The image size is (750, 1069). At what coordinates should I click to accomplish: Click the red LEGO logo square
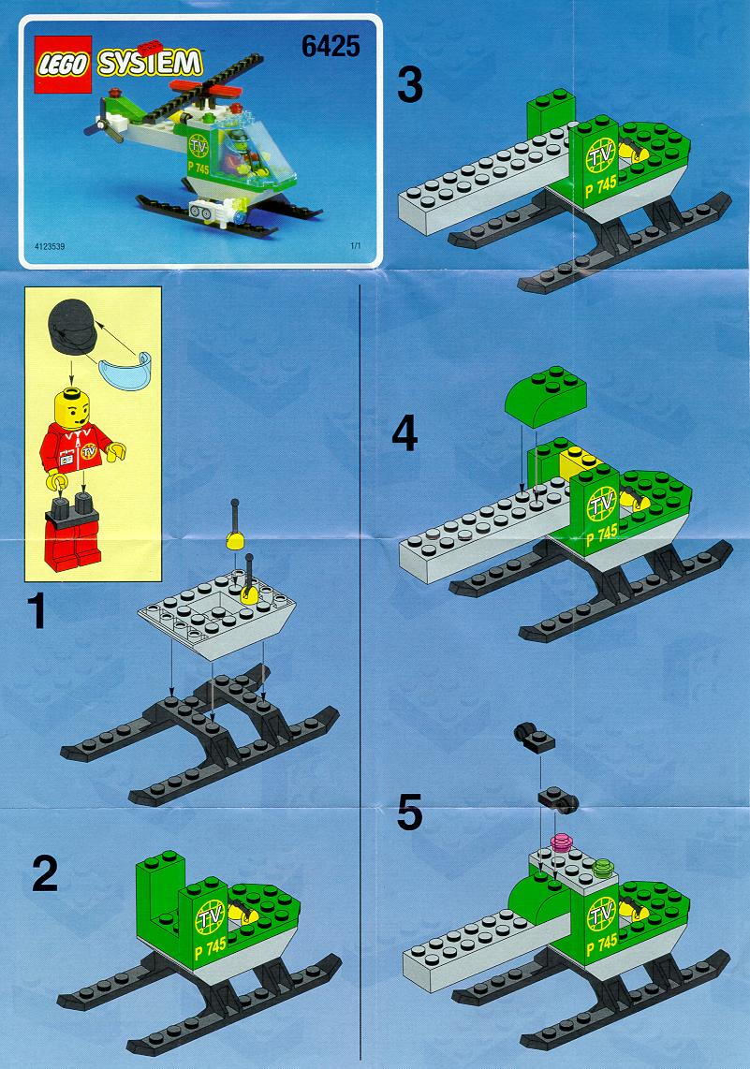click(63, 64)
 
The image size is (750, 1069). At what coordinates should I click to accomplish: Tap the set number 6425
click(331, 47)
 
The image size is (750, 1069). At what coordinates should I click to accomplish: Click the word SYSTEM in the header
click(150, 63)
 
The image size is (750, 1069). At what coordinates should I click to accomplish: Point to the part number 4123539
click(49, 246)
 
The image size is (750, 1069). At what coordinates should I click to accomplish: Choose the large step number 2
click(45, 873)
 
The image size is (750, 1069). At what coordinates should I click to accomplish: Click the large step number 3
click(410, 85)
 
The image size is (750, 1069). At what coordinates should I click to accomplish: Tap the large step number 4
click(405, 434)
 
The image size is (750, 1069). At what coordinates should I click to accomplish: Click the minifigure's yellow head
click(76, 406)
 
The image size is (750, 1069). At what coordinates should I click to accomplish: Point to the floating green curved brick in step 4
click(546, 395)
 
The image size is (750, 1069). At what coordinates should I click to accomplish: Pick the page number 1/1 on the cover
click(355, 246)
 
